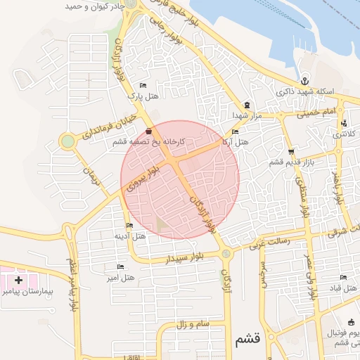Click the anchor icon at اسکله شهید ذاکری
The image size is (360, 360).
coord(304,80)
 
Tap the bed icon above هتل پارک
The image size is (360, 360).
coord(143,84)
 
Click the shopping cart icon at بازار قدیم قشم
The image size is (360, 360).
coord(290,151)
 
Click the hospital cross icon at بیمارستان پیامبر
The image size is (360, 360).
coord(18,280)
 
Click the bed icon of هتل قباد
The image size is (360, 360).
coord(343,278)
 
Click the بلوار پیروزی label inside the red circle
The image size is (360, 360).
coord(136,179)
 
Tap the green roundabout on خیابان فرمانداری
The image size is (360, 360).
coord(67,141)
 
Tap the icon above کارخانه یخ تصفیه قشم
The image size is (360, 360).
coord(148,131)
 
